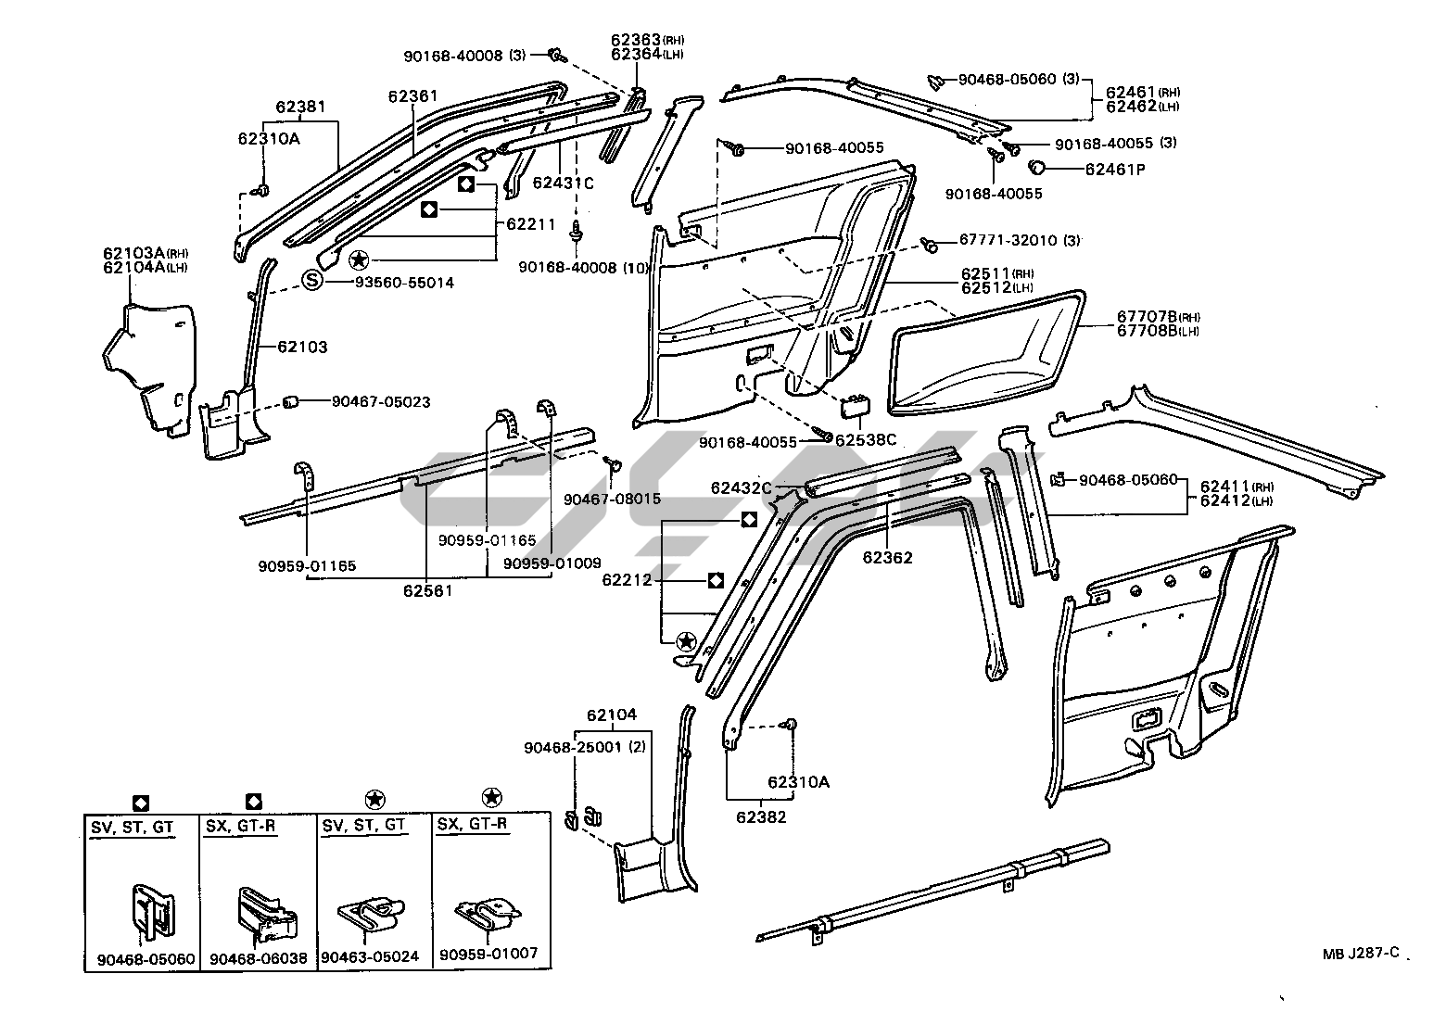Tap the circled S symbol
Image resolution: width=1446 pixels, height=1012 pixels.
(x=314, y=282)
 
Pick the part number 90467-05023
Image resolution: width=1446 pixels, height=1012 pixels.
(x=381, y=402)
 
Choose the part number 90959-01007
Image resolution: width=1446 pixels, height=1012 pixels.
(x=488, y=954)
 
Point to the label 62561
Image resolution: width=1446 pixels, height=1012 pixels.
(x=427, y=589)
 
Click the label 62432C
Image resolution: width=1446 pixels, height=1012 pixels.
(x=742, y=487)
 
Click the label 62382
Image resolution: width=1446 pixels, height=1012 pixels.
(x=761, y=817)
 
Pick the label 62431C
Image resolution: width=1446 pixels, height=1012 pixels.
(x=564, y=183)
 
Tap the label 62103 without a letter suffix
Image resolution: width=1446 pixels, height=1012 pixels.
(x=302, y=348)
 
